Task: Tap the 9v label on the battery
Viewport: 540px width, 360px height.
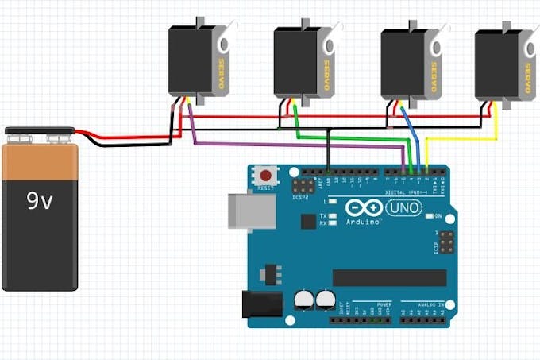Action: click(x=39, y=202)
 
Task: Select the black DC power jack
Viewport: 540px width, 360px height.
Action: click(x=261, y=304)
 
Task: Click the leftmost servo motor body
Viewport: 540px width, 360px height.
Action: click(x=191, y=60)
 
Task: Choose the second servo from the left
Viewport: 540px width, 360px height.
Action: click(x=296, y=62)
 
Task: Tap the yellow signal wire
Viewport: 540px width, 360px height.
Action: click(x=461, y=138)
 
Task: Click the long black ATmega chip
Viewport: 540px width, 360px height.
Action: click(x=389, y=277)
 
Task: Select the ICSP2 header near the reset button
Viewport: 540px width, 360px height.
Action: click(x=302, y=188)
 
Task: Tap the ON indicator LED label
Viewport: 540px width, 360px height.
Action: click(x=438, y=216)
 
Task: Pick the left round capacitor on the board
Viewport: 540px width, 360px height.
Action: click(x=303, y=300)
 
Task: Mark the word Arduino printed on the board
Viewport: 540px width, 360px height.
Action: click(x=364, y=223)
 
